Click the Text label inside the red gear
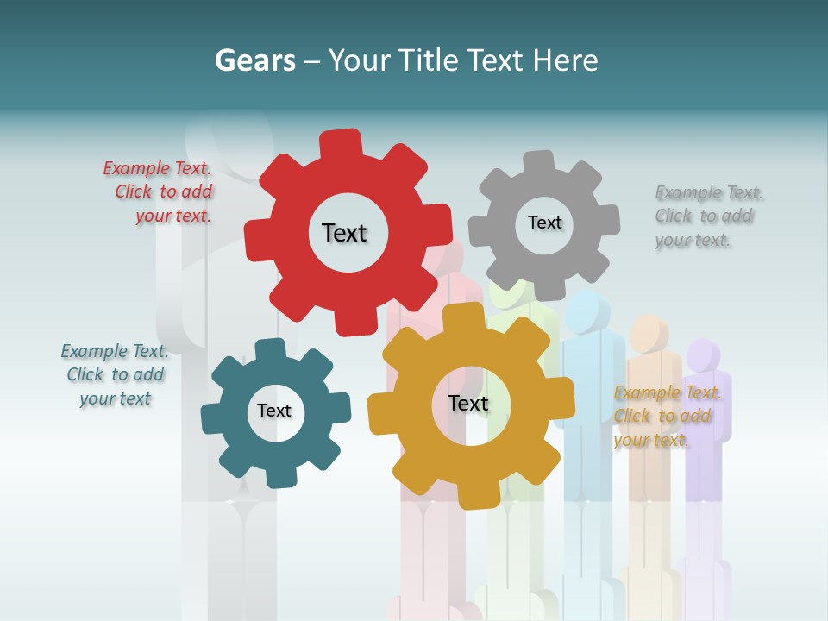[344, 233]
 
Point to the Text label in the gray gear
[544, 223]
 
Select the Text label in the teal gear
[274, 411]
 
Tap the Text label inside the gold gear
[468, 403]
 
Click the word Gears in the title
[254, 60]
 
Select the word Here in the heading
[565, 60]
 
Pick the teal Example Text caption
[115, 375]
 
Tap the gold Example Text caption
[666, 417]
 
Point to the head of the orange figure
[649, 333]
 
